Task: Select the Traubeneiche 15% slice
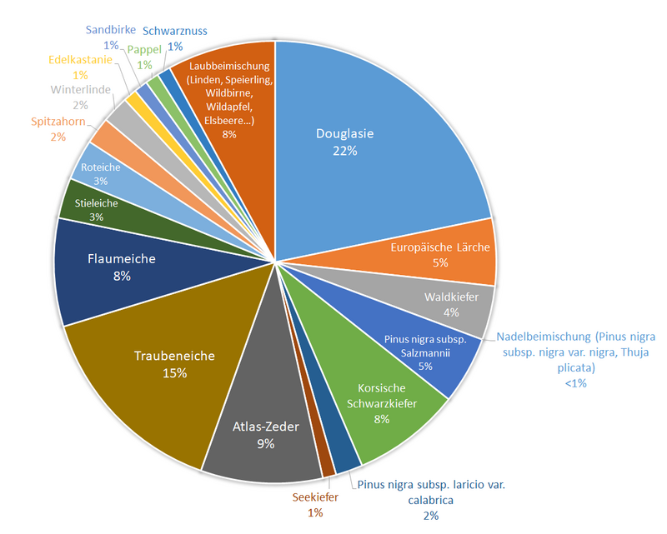175,364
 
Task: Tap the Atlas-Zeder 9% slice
265,437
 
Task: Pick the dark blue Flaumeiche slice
122,267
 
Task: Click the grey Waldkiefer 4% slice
450,304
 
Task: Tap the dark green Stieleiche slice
96,209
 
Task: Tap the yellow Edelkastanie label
79,61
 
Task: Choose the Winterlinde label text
80,90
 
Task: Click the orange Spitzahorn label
58,122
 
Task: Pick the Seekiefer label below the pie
315,497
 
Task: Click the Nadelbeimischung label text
575,337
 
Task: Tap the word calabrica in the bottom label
430,500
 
